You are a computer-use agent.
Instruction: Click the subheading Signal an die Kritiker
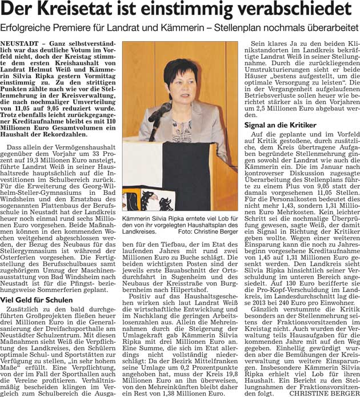pos(280,125)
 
